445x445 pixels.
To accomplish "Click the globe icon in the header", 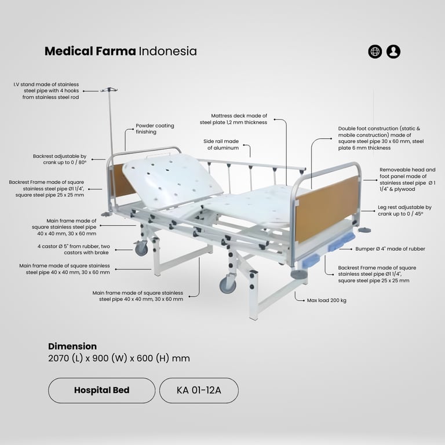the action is click(375, 52).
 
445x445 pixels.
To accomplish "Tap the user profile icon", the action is click(393, 52).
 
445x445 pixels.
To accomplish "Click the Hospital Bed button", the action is click(101, 390).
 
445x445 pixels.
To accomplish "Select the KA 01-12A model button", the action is click(199, 390).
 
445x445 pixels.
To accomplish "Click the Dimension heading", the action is click(72, 346).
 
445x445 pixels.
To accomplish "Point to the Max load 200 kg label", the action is click(327, 301).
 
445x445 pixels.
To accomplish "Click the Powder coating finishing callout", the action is click(155, 129).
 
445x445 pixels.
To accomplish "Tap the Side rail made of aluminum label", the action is click(221, 144).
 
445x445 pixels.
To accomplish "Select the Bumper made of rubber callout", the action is click(390, 249).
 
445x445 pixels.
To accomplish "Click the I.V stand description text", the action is click(46, 91).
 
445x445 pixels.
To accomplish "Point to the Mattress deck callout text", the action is click(234, 119).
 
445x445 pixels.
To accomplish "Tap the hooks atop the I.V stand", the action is click(108, 90).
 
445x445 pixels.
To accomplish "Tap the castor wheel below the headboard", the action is click(141, 249).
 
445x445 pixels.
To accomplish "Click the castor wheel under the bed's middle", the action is click(228, 285).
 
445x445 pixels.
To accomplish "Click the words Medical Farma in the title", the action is click(90, 51).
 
